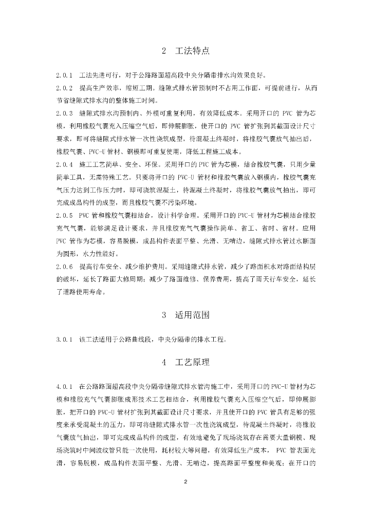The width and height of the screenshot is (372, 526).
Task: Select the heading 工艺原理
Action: (192, 362)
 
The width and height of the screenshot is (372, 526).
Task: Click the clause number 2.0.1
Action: (65, 75)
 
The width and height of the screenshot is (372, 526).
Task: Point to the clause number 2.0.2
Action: (65, 87)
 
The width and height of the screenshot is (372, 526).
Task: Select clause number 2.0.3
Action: (65, 112)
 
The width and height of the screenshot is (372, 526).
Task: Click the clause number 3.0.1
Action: (65, 339)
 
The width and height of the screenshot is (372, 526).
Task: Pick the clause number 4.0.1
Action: (65, 386)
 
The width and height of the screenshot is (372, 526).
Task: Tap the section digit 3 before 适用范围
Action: (164, 315)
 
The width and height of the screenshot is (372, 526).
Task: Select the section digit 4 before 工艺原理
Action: (164, 363)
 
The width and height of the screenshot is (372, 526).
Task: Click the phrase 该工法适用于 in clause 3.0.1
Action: (97, 339)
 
